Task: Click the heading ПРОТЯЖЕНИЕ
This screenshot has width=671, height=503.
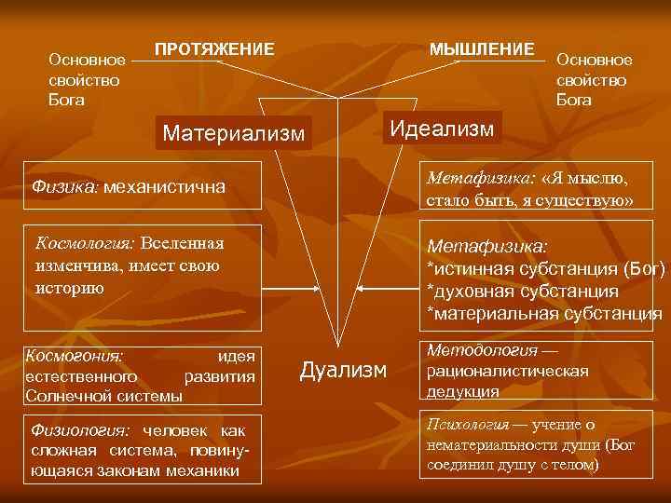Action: (214, 48)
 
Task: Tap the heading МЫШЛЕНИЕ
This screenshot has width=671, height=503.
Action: (481, 48)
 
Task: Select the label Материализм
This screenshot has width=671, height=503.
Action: (233, 133)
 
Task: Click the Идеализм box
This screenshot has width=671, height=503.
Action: (441, 129)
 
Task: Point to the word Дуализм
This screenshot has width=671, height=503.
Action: (342, 371)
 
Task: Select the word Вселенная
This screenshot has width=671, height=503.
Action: (183, 244)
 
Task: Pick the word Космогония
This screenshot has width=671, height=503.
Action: (78, 355)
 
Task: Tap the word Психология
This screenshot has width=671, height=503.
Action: (467, 425)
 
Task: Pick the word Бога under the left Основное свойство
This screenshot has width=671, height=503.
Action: (67, 100)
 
